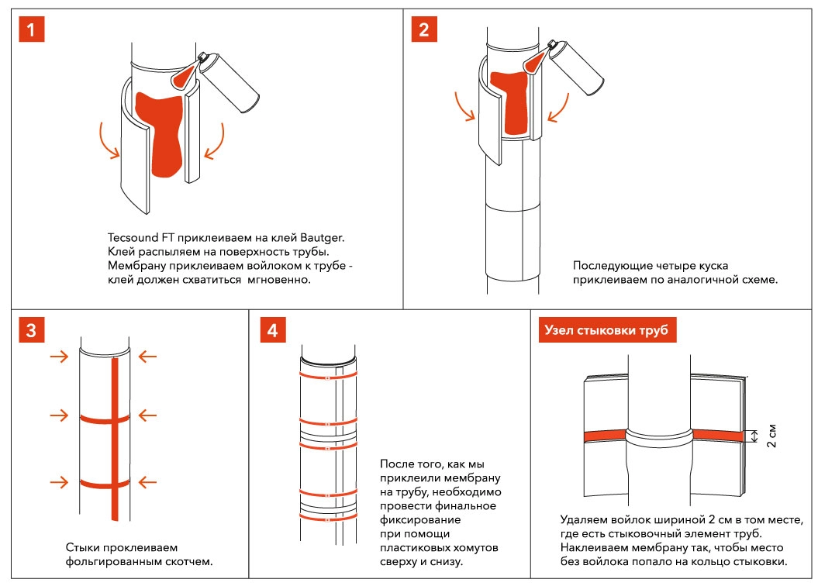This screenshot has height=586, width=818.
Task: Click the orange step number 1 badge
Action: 31,31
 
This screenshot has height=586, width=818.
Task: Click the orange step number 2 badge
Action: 423,31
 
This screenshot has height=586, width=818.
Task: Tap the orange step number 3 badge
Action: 31,329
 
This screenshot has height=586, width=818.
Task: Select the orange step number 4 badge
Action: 271,329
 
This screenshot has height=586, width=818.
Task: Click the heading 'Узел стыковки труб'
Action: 607,330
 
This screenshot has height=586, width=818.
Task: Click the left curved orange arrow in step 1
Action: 109,140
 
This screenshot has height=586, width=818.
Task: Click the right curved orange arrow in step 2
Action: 558,109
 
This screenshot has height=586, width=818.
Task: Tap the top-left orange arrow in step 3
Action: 58,357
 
